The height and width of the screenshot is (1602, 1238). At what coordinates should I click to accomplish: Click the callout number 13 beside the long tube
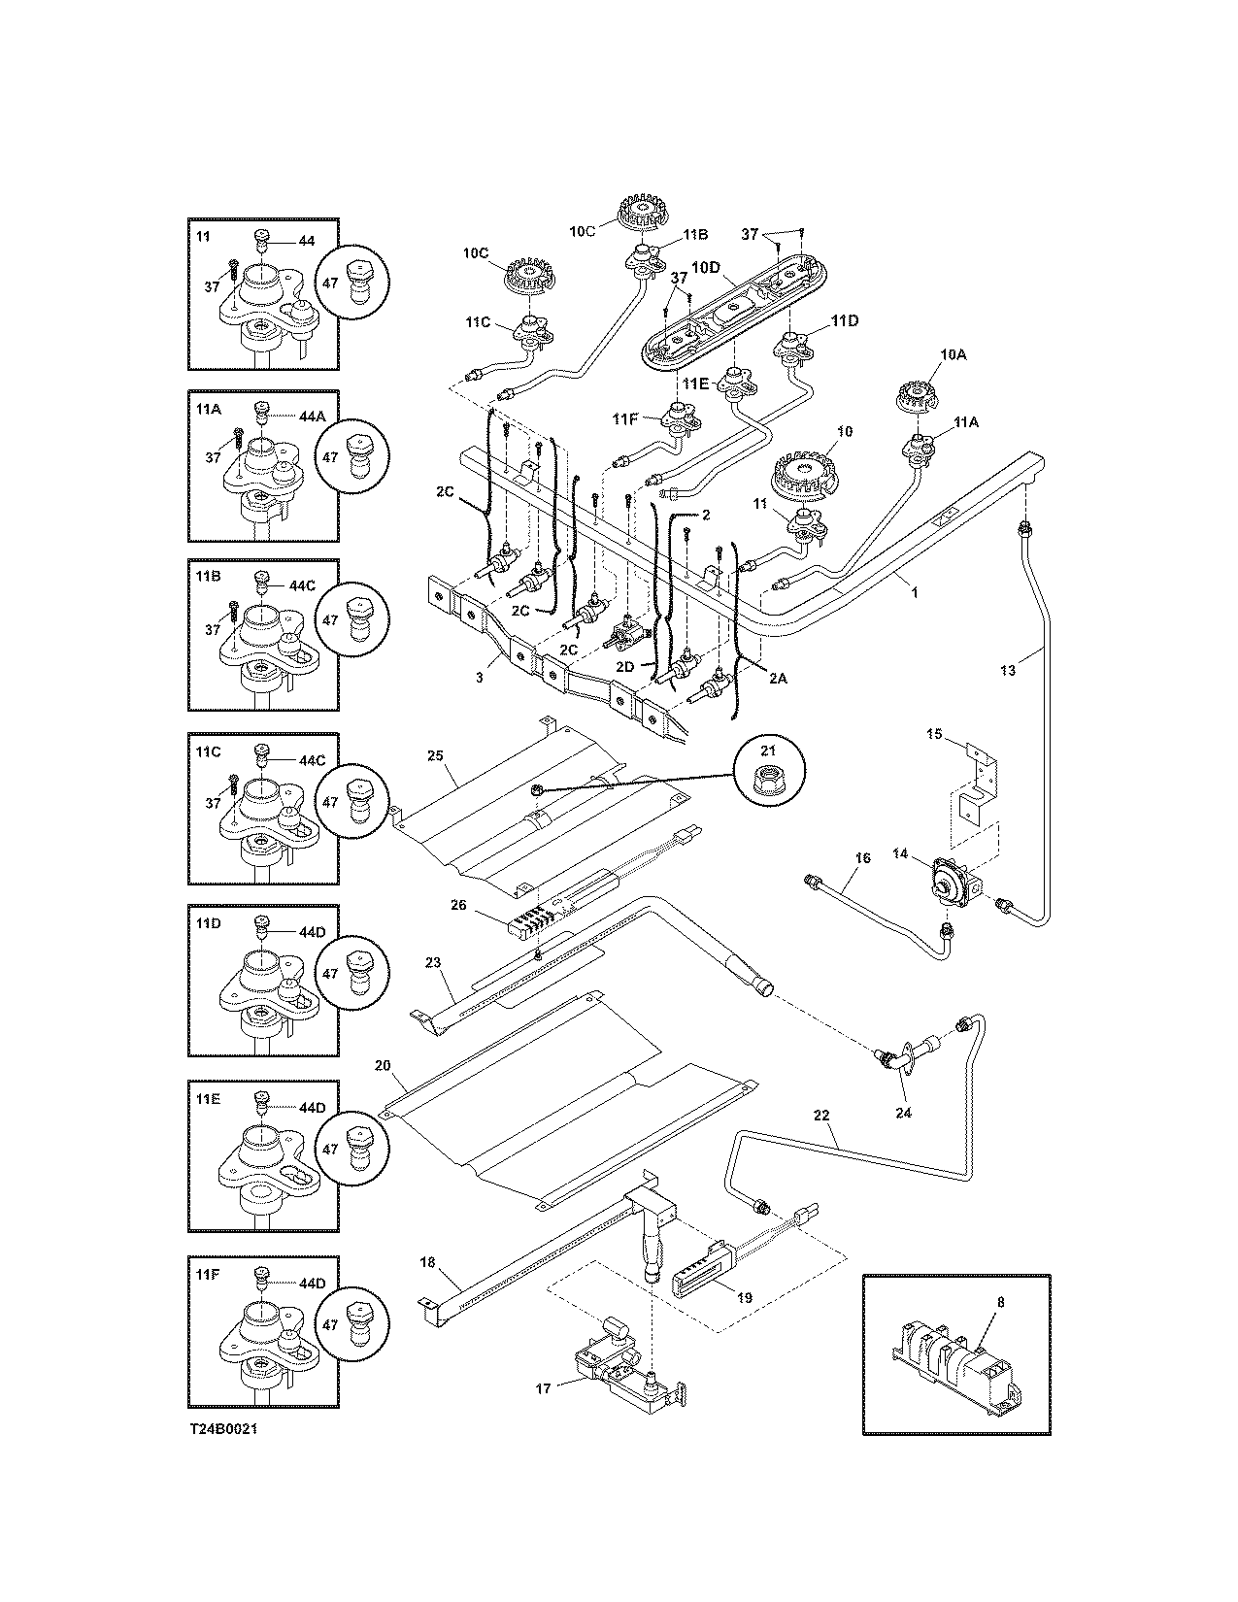1008,669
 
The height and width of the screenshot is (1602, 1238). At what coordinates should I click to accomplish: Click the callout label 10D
706,267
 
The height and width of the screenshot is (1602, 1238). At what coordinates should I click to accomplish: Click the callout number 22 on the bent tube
822,1116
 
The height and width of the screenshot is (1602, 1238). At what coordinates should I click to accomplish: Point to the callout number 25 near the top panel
435,754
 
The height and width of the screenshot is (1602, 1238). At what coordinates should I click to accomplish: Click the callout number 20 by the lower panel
383,1065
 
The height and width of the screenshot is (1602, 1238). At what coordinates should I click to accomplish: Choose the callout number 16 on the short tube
863,858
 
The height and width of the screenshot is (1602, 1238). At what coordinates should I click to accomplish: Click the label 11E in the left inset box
208,1098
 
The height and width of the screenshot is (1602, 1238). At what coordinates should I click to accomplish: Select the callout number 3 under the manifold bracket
479,678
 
